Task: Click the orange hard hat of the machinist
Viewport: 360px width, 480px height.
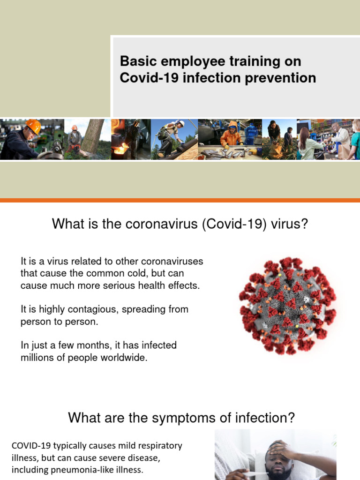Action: click(33, 126)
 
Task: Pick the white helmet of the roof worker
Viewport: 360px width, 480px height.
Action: click(180, 124)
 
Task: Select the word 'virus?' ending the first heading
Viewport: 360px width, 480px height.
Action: click(290, 224)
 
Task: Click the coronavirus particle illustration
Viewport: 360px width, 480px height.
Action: click(287, 305)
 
